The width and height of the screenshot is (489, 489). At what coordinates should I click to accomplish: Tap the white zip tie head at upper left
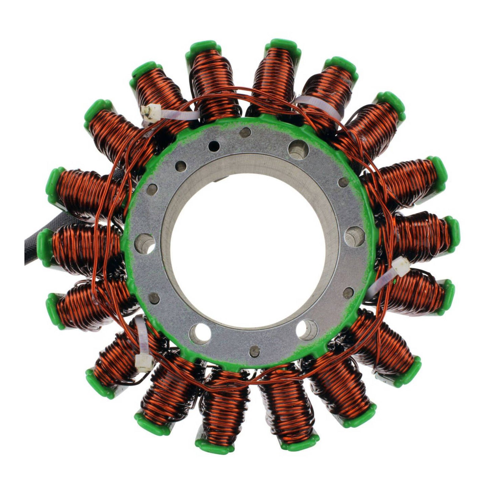coord(151,111)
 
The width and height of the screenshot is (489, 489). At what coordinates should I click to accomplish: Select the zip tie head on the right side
coord(401,263)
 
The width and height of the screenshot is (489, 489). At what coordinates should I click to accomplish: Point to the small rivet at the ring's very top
coord(245,132)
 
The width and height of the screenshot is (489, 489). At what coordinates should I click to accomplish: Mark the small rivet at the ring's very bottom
coord(255,351)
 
